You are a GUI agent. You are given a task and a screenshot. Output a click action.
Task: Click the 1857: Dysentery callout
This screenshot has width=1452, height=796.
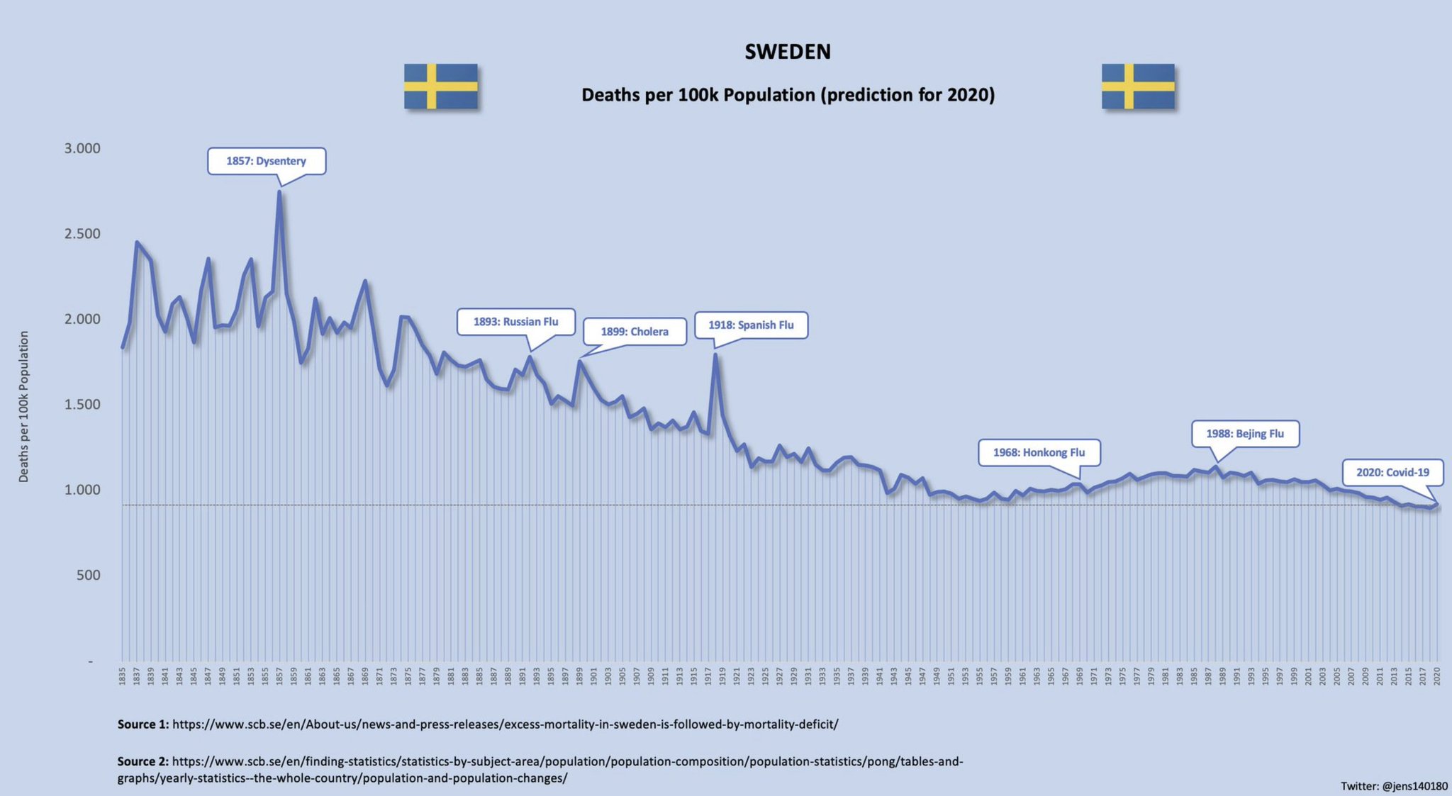coord(267,161)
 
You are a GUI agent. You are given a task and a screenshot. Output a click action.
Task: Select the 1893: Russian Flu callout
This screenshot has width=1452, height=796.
coord(515,322)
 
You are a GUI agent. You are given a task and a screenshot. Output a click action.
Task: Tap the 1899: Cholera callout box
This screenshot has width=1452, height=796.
coord(635,332)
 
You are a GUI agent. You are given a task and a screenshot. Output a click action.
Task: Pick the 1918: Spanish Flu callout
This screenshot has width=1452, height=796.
coord(751,325)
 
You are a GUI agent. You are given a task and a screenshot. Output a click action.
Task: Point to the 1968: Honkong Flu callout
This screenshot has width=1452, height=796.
coord(1039,452)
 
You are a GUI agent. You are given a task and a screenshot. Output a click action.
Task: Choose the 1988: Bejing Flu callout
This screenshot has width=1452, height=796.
coord(1245,434)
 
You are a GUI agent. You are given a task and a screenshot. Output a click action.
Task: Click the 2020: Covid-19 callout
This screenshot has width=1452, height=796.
coord(1392,472)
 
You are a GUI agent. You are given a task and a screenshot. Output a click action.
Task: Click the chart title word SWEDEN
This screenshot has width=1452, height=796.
coord(787,52)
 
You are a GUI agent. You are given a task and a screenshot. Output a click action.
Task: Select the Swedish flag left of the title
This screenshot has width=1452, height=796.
coord(440,86)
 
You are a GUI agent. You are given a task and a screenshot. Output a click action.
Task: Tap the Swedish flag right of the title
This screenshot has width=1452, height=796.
coord(1138,86)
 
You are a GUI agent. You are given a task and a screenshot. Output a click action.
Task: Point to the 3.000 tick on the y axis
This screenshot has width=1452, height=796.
coord(82,148)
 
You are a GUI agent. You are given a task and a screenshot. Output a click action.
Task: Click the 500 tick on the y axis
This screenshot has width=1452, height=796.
coord(89,575)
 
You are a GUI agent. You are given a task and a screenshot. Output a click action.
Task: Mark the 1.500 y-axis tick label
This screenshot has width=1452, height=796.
coord(82,404)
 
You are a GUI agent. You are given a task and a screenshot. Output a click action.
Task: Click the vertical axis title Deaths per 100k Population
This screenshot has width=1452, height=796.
coord(24,406)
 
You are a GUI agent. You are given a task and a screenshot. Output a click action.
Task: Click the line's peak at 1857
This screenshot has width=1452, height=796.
coord(279,191)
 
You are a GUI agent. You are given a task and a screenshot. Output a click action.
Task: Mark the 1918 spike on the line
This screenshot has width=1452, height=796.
coord(715,355)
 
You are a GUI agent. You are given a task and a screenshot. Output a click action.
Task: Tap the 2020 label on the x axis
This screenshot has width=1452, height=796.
coord(1437,675)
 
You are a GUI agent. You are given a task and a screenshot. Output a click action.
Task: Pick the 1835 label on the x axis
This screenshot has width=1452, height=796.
coord(122,675)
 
